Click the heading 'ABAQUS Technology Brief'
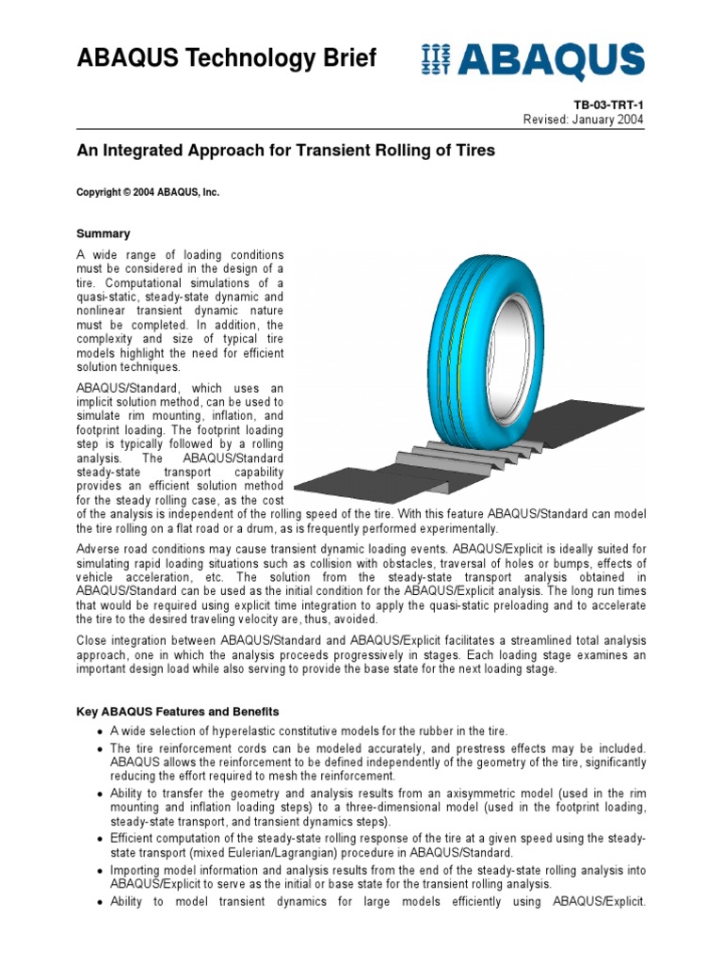click(226, 58)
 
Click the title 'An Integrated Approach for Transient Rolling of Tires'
click(285, 151)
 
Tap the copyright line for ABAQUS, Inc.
click(147, 192)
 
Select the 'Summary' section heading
click(103, 233)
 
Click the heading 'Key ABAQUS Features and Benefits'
click(177, 712)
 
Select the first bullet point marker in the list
click(99, 731)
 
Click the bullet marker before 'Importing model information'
click(99, 871)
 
